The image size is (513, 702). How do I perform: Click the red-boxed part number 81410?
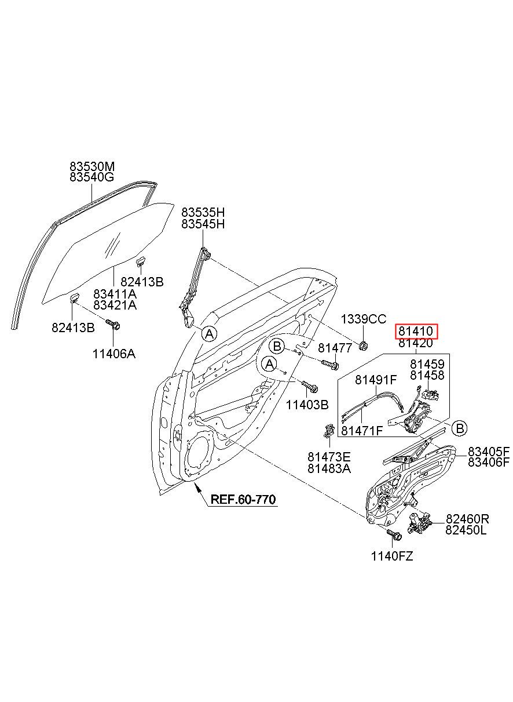pos(415,331)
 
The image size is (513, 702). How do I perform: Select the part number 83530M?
pos(92,165)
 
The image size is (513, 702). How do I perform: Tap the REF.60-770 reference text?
pos(243,499)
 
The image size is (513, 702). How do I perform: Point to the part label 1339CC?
pos(364,319)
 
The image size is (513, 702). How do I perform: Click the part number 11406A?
pos(114,354)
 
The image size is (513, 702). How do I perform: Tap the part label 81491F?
pos(376,380)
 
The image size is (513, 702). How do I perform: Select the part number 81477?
pos(335,348)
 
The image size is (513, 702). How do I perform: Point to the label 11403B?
pos(307,405)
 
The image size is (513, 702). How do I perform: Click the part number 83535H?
pos(203,212)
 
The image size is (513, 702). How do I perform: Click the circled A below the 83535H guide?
pos(210,334)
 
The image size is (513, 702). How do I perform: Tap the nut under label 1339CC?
pos(363,346)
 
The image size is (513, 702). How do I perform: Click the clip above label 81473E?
pos(329,431)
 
